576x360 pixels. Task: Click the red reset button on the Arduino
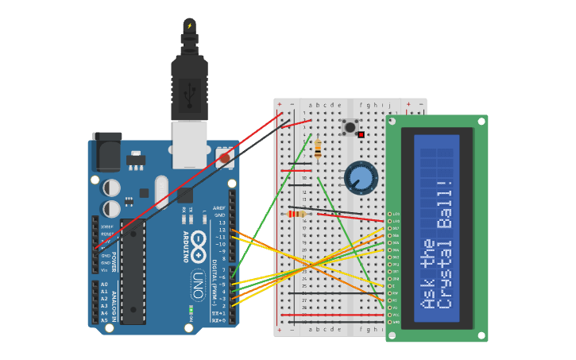pos(225,158)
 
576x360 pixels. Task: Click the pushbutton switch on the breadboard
pos(349,126)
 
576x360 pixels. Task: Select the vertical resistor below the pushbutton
pos(318,149)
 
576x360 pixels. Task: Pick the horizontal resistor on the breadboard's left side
pos(296,214)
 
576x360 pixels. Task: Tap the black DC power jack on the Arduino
pos(106,152)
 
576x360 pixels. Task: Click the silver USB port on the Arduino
pos(190,145)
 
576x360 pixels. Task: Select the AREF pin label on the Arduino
pos(219,208)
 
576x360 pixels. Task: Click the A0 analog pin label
pos(104,285)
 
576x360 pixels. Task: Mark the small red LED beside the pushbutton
pos(361,135)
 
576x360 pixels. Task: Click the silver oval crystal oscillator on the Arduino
pos(162,192)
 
